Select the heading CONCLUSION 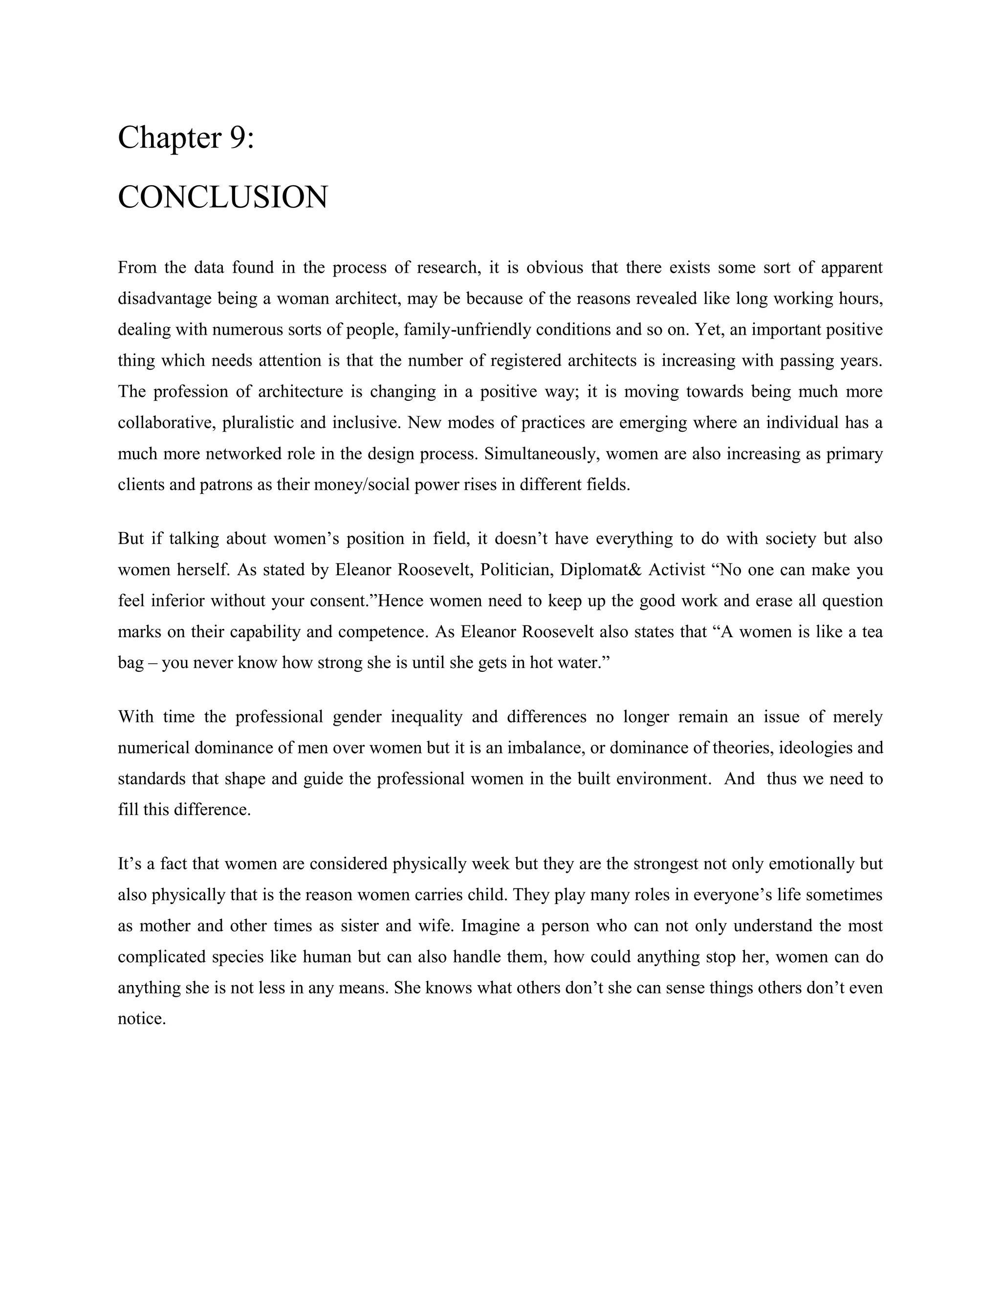point(222,197)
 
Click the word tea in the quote point(872,631)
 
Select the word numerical point(153,748)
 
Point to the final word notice point(141,1019)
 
